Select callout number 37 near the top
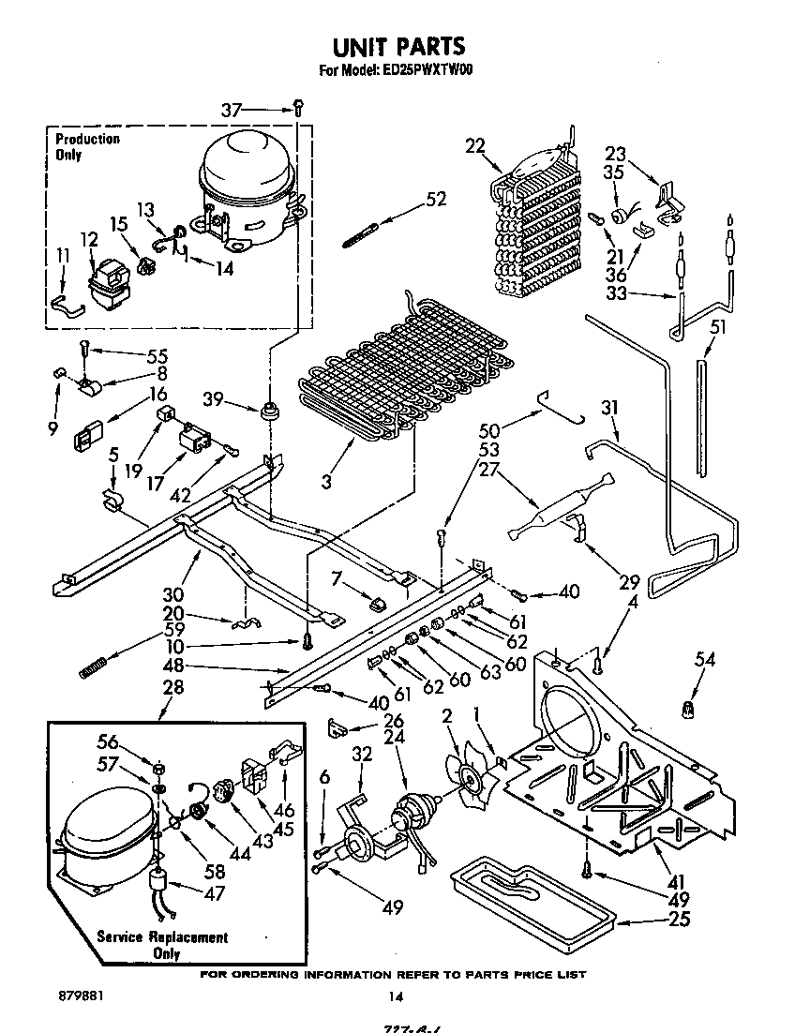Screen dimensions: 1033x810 click(x=232, y=111)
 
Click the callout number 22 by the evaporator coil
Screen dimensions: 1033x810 click(x=476, y=145)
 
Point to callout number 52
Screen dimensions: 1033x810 click(x=435, y=199)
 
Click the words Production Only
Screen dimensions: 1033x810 click(x=87, y=147)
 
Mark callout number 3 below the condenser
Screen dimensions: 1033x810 click(x=325, y=483)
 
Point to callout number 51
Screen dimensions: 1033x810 click(x=718, y=326)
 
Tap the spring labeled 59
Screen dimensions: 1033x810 click(x=91, y=668)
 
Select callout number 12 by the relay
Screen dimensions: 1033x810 click(x=89, y=241)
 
